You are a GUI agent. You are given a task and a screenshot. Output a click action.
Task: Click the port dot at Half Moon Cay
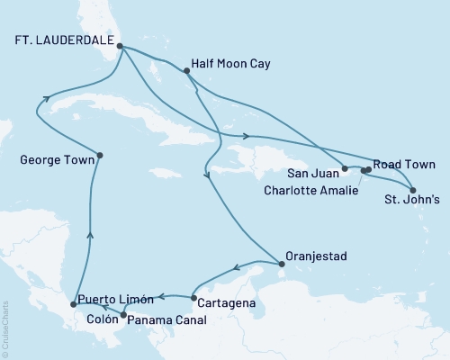click(x=186, y=70)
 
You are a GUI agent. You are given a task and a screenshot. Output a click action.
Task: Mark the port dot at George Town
click(x=99, y=155)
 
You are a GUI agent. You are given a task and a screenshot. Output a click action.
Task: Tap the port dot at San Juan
click(x=345, y=168)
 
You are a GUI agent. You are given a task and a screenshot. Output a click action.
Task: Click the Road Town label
click(x=405, y=165)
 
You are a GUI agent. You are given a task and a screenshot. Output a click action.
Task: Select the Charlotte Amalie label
click(x=309, y=190)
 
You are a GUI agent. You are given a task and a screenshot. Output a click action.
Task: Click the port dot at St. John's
click(x=412, y=190)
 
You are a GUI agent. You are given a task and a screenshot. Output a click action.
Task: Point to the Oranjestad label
click(x=316, y=256)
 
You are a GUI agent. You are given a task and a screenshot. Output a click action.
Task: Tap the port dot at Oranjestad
click(x=283, y=264)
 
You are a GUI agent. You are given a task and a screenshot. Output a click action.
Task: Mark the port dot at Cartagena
click(x=193, y=297)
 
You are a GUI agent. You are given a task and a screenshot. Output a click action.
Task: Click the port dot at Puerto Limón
click(x=74, y=305)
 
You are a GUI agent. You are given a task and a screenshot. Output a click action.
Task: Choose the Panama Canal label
click(x=166, y=319)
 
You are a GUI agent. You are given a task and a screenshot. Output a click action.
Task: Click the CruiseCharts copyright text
click(x=4, y=328)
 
